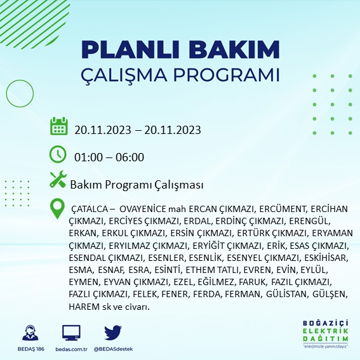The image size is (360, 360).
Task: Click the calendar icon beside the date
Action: click(x=59, y=127)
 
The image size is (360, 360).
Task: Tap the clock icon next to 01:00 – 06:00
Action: click(x=58, y=154)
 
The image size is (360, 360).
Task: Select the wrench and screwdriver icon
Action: click(x=58, y=180)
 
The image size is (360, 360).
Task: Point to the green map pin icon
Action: click(x=58, y=208)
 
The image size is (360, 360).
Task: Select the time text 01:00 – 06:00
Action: click(x=109, y=157)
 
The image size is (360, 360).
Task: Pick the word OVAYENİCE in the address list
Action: click(x=143, y=208)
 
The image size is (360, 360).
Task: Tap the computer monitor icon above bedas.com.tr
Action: click(x=71, y=332)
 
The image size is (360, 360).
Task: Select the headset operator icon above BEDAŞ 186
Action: click(x=29, y=333)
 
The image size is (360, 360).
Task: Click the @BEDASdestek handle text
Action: click(x=112, y=349)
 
